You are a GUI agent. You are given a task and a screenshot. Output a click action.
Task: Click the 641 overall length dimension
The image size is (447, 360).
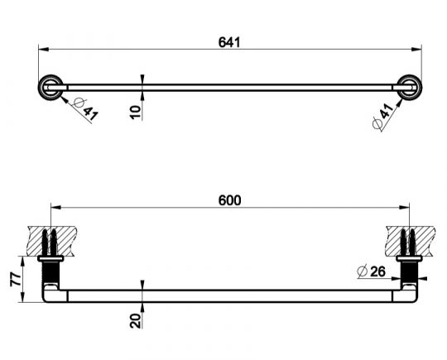[229, 42]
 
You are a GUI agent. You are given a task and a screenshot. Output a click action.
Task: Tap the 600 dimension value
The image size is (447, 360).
[229, 200]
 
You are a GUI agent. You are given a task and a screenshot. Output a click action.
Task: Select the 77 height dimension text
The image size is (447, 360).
[16, 279]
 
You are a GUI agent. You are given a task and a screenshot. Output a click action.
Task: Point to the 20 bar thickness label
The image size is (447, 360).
[136, 320]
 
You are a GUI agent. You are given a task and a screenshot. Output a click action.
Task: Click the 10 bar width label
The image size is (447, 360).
[136, 113]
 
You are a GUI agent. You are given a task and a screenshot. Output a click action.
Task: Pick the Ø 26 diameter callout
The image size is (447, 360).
[371, 271]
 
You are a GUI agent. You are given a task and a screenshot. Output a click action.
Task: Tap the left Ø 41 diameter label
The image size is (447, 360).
[85, 109]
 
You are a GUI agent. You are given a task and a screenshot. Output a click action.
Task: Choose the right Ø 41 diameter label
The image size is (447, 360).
[383, 116]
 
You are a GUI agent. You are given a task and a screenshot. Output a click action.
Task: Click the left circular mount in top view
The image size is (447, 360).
[50, 88]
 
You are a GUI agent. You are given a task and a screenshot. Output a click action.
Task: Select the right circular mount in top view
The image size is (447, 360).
[410, 88]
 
